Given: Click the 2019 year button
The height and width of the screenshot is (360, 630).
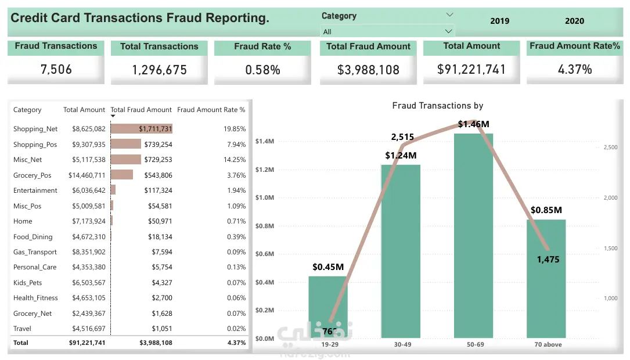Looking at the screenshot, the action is (x=499, y=21).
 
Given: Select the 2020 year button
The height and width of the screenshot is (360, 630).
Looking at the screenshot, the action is (x=574, y=21).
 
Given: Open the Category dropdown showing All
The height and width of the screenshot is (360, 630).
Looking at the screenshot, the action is (x=387, y=31).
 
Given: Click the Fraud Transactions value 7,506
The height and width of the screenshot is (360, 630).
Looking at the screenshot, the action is (x=56, y=70).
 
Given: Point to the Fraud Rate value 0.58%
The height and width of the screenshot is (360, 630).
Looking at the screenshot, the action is (x=262, y=70).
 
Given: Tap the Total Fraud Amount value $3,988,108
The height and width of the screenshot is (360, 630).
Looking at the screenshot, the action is (x=368, y=70).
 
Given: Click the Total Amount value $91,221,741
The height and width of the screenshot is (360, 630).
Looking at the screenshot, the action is (x=471, y=70).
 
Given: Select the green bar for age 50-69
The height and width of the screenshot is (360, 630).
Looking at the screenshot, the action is (x=473, y=235).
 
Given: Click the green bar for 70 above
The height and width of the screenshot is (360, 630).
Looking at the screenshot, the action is (x=546, y=279).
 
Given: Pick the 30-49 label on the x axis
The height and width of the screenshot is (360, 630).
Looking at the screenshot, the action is (x=402, y=344).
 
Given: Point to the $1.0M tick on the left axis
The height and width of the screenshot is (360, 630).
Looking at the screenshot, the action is (x=264, y=197).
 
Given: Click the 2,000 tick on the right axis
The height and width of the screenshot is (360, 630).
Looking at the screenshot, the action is (x=610, y=197).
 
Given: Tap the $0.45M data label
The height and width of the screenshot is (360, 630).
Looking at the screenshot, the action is (x=328, y=267).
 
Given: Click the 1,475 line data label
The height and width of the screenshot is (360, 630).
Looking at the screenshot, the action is (x=548, y=260).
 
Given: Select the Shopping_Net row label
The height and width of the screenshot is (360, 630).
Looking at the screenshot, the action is (x=35, y=129).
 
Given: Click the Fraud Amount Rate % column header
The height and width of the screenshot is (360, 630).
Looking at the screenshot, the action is (x=211, y=110).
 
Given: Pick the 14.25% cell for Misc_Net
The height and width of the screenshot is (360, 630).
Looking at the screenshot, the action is (x=235, y=160).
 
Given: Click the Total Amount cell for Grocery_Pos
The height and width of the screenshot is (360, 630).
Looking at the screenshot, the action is (x=87, y=175).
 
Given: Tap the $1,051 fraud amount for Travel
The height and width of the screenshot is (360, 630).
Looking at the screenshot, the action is (x=162, y=329).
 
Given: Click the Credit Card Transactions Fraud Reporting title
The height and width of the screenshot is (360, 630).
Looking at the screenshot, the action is (x=140, y=18).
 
